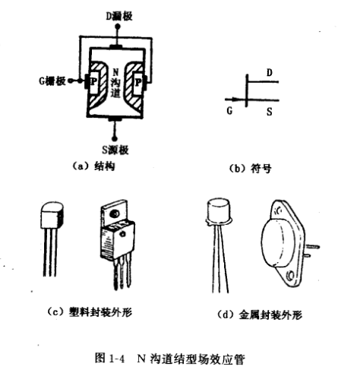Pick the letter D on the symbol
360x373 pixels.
[270, 73]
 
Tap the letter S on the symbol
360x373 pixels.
[270, 110]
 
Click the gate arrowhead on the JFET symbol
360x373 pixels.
[241, 98]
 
